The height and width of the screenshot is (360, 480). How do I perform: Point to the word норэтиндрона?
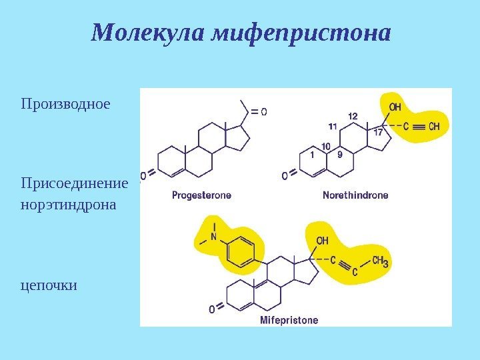[68, 204]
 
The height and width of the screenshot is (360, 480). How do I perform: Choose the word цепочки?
[49, 285]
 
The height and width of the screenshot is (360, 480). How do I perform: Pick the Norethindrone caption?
[355, 195]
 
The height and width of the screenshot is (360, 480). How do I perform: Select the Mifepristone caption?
[289, 320]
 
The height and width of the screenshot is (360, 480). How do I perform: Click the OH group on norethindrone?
[395, 107]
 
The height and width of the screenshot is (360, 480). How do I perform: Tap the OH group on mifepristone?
[322, 241]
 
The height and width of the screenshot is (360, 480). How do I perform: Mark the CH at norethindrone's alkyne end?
[434, 125]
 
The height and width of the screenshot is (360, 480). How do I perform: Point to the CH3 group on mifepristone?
[380, 261]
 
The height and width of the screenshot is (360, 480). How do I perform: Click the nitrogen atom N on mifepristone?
[214, 236]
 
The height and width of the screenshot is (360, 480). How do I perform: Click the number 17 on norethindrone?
[378, 132]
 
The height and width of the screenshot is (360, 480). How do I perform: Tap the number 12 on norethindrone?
[353, 116]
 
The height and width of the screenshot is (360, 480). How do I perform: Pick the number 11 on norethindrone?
[331, 126]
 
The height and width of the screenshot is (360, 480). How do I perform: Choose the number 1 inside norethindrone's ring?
[311, 155]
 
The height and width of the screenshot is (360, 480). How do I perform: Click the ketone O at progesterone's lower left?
[143, 177]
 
